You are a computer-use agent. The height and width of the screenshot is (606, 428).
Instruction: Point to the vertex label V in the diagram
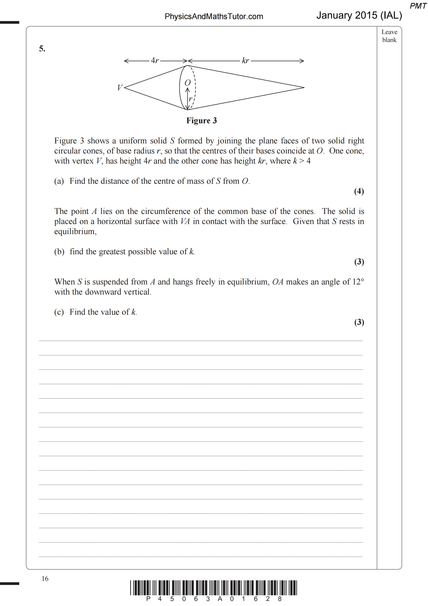(120, 87)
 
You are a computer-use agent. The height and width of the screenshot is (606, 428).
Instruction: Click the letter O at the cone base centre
(187, 83)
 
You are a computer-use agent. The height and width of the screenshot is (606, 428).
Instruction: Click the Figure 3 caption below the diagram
(202, 120)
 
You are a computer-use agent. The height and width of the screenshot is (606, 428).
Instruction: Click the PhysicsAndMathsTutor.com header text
(214, 16)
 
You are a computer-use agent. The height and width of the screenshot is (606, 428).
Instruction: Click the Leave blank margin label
(389, 36)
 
